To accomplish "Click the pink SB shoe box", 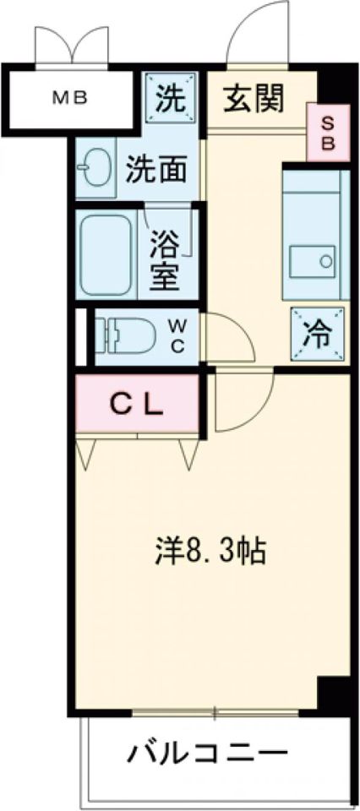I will [327, 133].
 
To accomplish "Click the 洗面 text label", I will [155, 171].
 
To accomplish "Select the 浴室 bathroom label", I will [165, 262].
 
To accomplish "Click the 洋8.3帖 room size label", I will [210, 553].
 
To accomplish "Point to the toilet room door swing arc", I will [228, 338].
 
